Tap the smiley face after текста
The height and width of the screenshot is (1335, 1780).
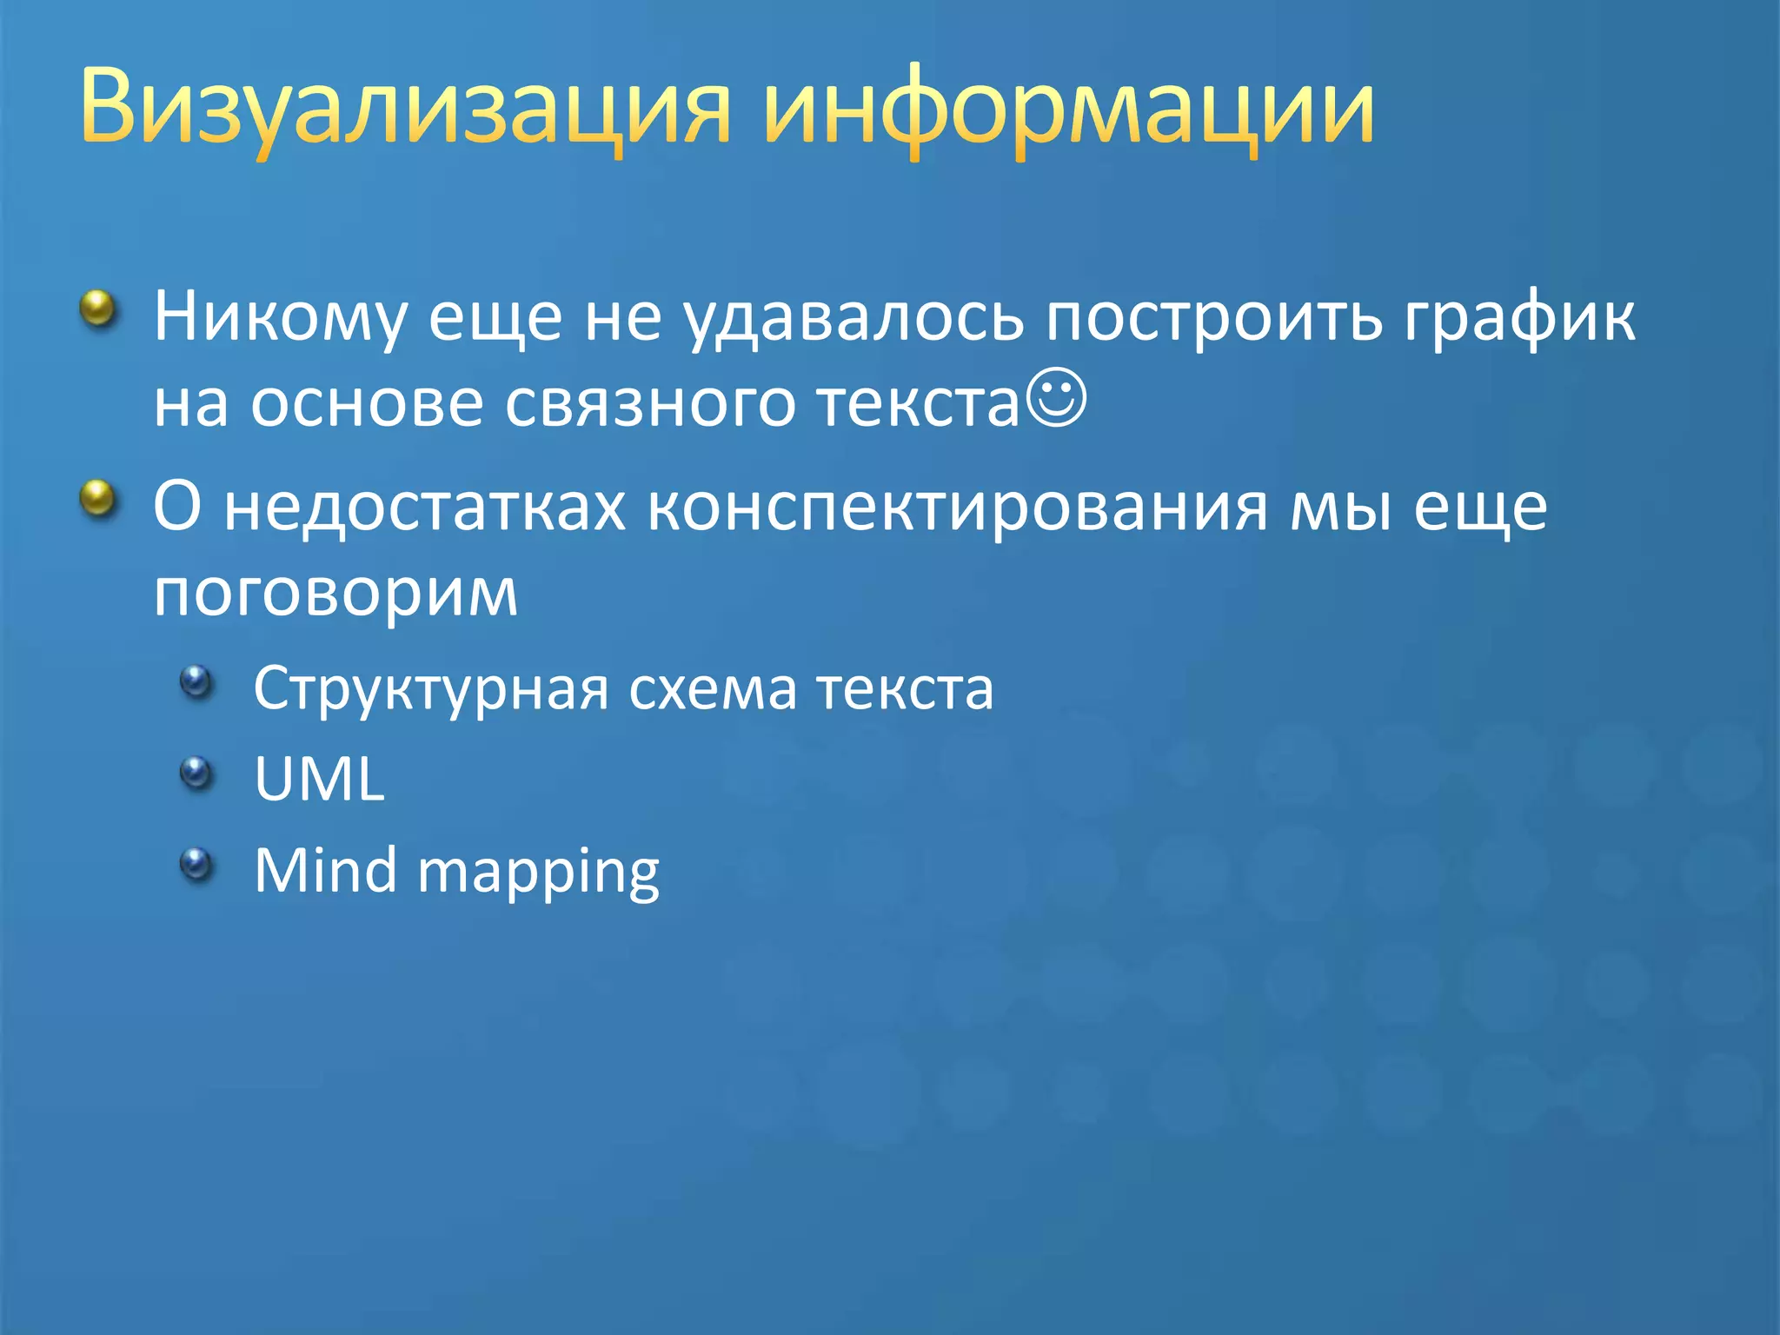click(1055, 399)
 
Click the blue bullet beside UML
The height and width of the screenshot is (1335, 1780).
click(196, 772)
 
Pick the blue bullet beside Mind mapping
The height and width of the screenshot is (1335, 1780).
click(196, 863)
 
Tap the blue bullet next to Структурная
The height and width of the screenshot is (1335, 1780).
click(196, 681)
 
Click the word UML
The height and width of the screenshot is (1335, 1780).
click(319, 779)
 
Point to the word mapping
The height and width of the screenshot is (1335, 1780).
click(539, 873)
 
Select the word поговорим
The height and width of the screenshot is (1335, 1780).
click(335, 594)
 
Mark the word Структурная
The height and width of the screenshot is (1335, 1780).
click(431, 689)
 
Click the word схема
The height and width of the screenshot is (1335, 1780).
click(712, 689)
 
